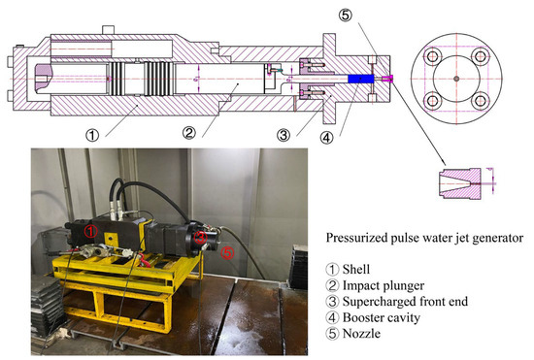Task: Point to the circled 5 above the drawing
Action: point(348,16)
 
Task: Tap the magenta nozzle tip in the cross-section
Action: point(386,78)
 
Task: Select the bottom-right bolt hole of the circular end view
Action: point(477,101)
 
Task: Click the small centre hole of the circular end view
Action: point(453,78)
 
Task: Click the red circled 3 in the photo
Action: point(198,236)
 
